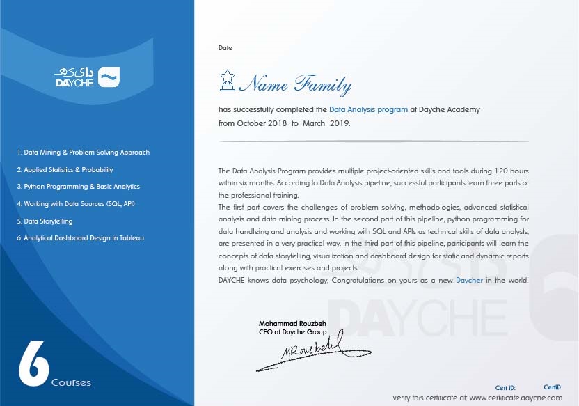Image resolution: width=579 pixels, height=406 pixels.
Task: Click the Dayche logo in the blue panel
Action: coord(87,77)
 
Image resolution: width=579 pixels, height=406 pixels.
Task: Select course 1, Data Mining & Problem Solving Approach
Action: coord(84,153)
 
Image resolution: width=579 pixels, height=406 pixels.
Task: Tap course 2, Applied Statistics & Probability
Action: coord(65,169)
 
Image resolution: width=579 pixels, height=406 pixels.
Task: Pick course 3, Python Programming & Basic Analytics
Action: coord(78,187)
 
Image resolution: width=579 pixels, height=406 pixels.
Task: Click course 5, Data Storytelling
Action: coord(45,221)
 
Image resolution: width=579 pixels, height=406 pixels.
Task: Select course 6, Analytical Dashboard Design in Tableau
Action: coord(80,238)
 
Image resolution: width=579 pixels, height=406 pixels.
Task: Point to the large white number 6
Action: coord(32,362)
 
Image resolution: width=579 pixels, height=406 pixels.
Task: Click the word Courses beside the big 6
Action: coord(71,382)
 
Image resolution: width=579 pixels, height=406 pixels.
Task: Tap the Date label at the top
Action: coord(225,48)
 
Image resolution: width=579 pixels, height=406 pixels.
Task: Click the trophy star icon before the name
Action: coord(227,81)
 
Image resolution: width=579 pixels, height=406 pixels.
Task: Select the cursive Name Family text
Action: coord(296,85)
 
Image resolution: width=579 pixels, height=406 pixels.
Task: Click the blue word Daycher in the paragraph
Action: coord(470,280)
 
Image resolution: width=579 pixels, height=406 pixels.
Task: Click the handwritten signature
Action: coord(299,352)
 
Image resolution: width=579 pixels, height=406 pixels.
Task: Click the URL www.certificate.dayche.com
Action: coord(516,398)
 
